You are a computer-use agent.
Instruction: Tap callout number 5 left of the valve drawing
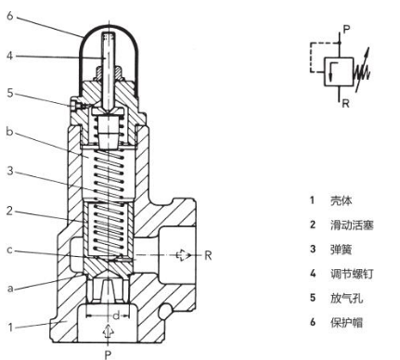(x=7, y=93)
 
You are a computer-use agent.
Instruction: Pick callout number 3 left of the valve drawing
(x=7, y=171)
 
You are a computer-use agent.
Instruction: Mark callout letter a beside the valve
(x=7, y=289)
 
